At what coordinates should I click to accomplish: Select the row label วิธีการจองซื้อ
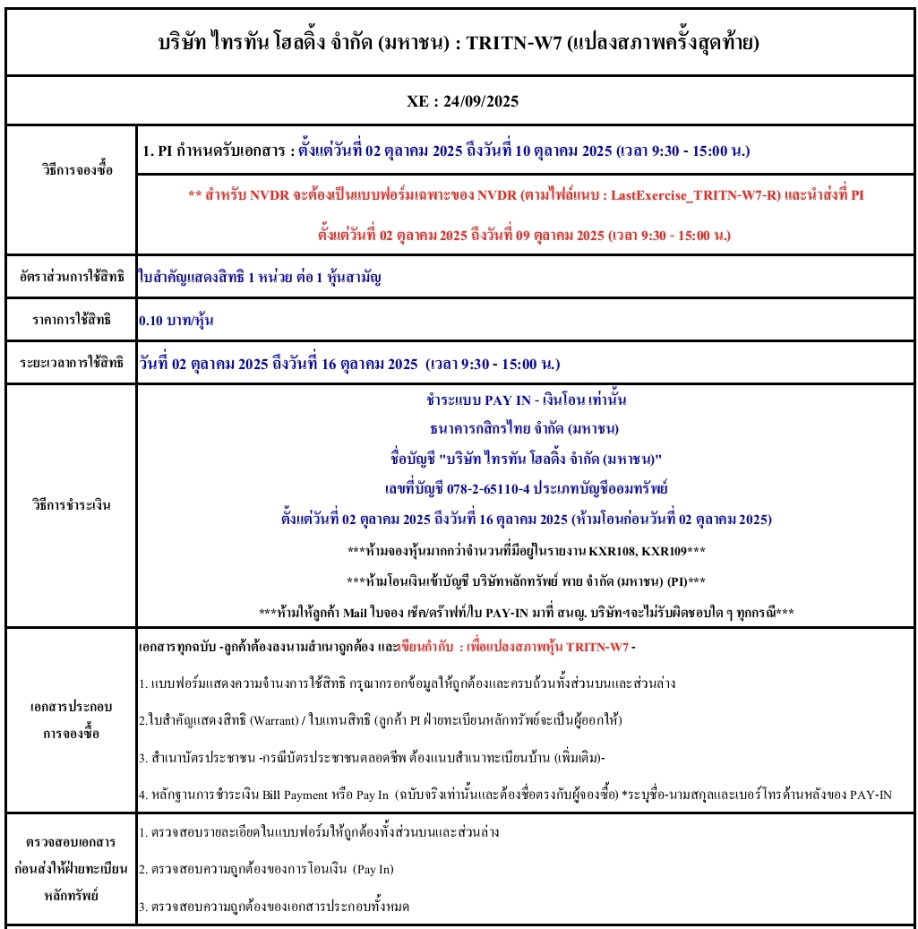pos(71,169)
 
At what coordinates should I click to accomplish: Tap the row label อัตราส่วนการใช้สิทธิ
pos(71,278)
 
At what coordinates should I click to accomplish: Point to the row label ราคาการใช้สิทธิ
pos(71,320)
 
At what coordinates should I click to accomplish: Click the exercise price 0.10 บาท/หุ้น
pos(176,320)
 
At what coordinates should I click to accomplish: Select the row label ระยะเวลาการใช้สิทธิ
pos(71,363)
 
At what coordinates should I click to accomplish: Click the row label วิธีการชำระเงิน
pos(71,504)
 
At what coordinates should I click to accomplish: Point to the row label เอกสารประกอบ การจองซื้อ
pos(71,719)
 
